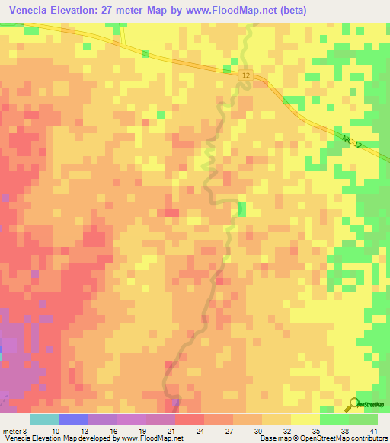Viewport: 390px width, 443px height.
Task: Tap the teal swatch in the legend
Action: click(45, 419)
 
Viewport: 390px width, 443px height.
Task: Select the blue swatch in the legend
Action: click(74, 419)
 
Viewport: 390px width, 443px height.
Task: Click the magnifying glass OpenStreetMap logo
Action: click(353, 404)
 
